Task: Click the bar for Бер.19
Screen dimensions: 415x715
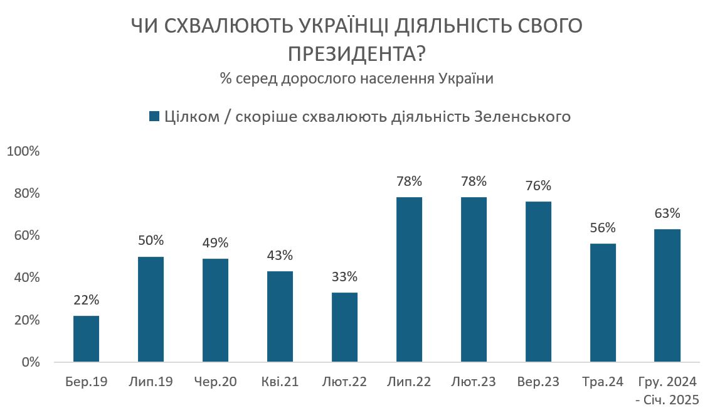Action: pyautogui.click(x=86, y=339)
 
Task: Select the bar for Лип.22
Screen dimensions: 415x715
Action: pyautogui.click(x=409, y=280)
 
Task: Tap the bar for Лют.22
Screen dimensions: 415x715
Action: pyautogui.click(x=344, y=327)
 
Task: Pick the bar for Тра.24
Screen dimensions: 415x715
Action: pyautogui.click(x=603, y=303)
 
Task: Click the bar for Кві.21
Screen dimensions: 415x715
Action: pyautogui.click(x=280, y=316)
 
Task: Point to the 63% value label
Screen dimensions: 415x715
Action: pyautogui.click(x=667, y=213)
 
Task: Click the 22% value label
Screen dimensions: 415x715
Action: pyautogui.click(x=86, y=300)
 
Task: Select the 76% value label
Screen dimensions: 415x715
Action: pyautogui.click(x=538, y=186)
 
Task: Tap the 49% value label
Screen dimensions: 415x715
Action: pyautogui.click(x=215, y=243)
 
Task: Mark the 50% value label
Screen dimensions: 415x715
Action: pyautogui.click(x=151, y=240)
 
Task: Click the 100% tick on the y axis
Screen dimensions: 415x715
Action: pyautogui.click(x=23, y=151)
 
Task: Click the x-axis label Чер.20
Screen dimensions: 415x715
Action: pyautogui.click(x=215, y=382)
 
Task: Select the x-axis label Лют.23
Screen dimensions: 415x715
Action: pyautogui.click(x=474, y=382)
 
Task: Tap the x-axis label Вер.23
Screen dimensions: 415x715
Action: pyautogui.click(x=538, y=382)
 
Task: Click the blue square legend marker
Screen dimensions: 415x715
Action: pyautogui.click(x=154, y=117)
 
